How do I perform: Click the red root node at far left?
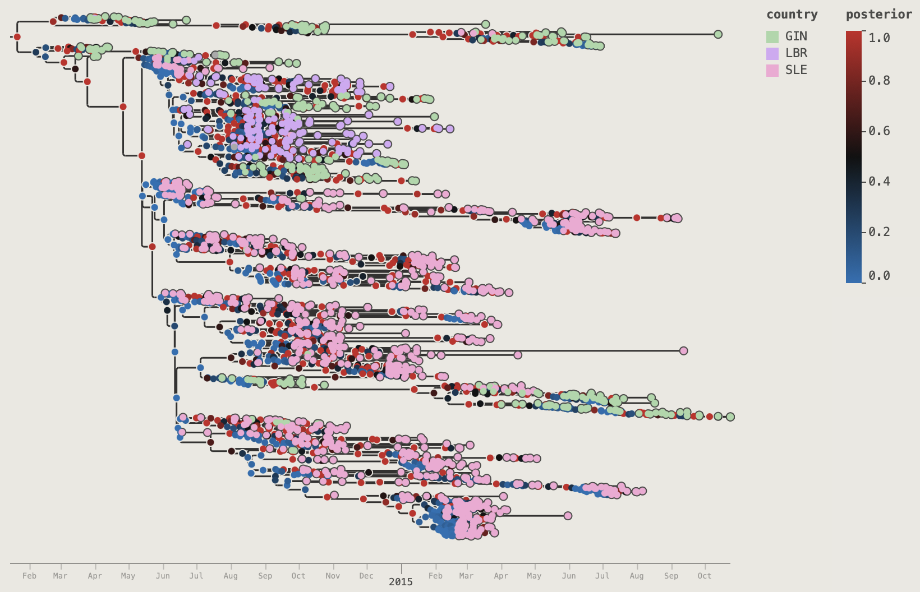click(x=17, y=37)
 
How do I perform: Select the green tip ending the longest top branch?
click(x=717, y=35)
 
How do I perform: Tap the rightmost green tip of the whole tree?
click(x=730, y=417)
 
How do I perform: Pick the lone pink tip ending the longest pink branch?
click(x=683, y=350)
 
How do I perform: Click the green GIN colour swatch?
click(x=772, y=36)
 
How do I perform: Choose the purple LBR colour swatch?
click(x=772, y=53)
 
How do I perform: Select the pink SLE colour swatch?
click(x=772, y=70)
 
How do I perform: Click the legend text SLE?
click(x=796, y=70)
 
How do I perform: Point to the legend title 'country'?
click(x=792, y=15)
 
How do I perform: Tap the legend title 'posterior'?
click(x=878, y=15)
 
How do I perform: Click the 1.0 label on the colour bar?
click(x=879, y=38)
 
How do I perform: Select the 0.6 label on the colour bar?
click(x=879, y=131)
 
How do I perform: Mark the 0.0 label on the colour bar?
click(x=879, y=275)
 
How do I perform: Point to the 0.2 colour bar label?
click(x=879, y=232)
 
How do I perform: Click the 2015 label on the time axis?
click(x=401, y=582)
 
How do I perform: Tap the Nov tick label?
click(x=333, y=576)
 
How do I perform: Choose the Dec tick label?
click(x=366, y=576)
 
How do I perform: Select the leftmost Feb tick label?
click(x=29, y=576)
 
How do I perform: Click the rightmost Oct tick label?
click(x=705, y=576)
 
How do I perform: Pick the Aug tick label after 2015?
click(x=637, y=576)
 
